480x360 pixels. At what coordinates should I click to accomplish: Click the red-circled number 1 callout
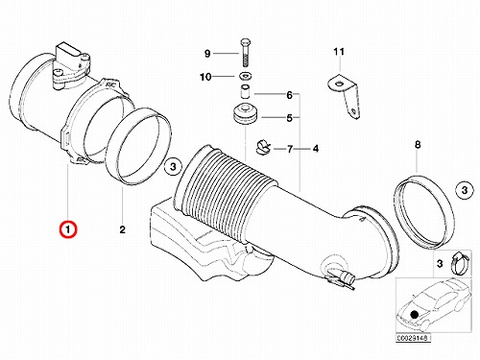click(68, 229)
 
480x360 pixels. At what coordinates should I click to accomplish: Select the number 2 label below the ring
click(122, 229)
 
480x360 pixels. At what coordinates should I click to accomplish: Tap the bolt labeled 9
click(245, 53)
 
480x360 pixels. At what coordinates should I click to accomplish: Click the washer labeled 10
click(246, 77)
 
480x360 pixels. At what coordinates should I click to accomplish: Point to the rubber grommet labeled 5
click(246, 115)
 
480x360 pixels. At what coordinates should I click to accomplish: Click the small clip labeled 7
click(263, 148)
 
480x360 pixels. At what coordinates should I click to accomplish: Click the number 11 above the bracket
click(339, 52)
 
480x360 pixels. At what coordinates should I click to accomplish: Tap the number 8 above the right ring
click(418, 145)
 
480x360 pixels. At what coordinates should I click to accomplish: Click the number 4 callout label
click(316, 149)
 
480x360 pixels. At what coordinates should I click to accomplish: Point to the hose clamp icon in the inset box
click(460, 262)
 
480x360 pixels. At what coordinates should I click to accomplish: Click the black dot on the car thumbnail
click(415, 314)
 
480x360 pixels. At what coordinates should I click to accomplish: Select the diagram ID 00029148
click(413, 338)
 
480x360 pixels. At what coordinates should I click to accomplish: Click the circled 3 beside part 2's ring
click(173, 167)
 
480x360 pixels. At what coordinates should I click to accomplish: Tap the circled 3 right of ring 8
click(465, 190)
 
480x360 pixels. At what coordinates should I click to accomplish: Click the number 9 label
click(207, 54)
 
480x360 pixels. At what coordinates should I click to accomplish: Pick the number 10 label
click(205, 77)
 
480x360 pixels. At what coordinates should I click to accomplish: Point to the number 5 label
click(289, 118)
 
